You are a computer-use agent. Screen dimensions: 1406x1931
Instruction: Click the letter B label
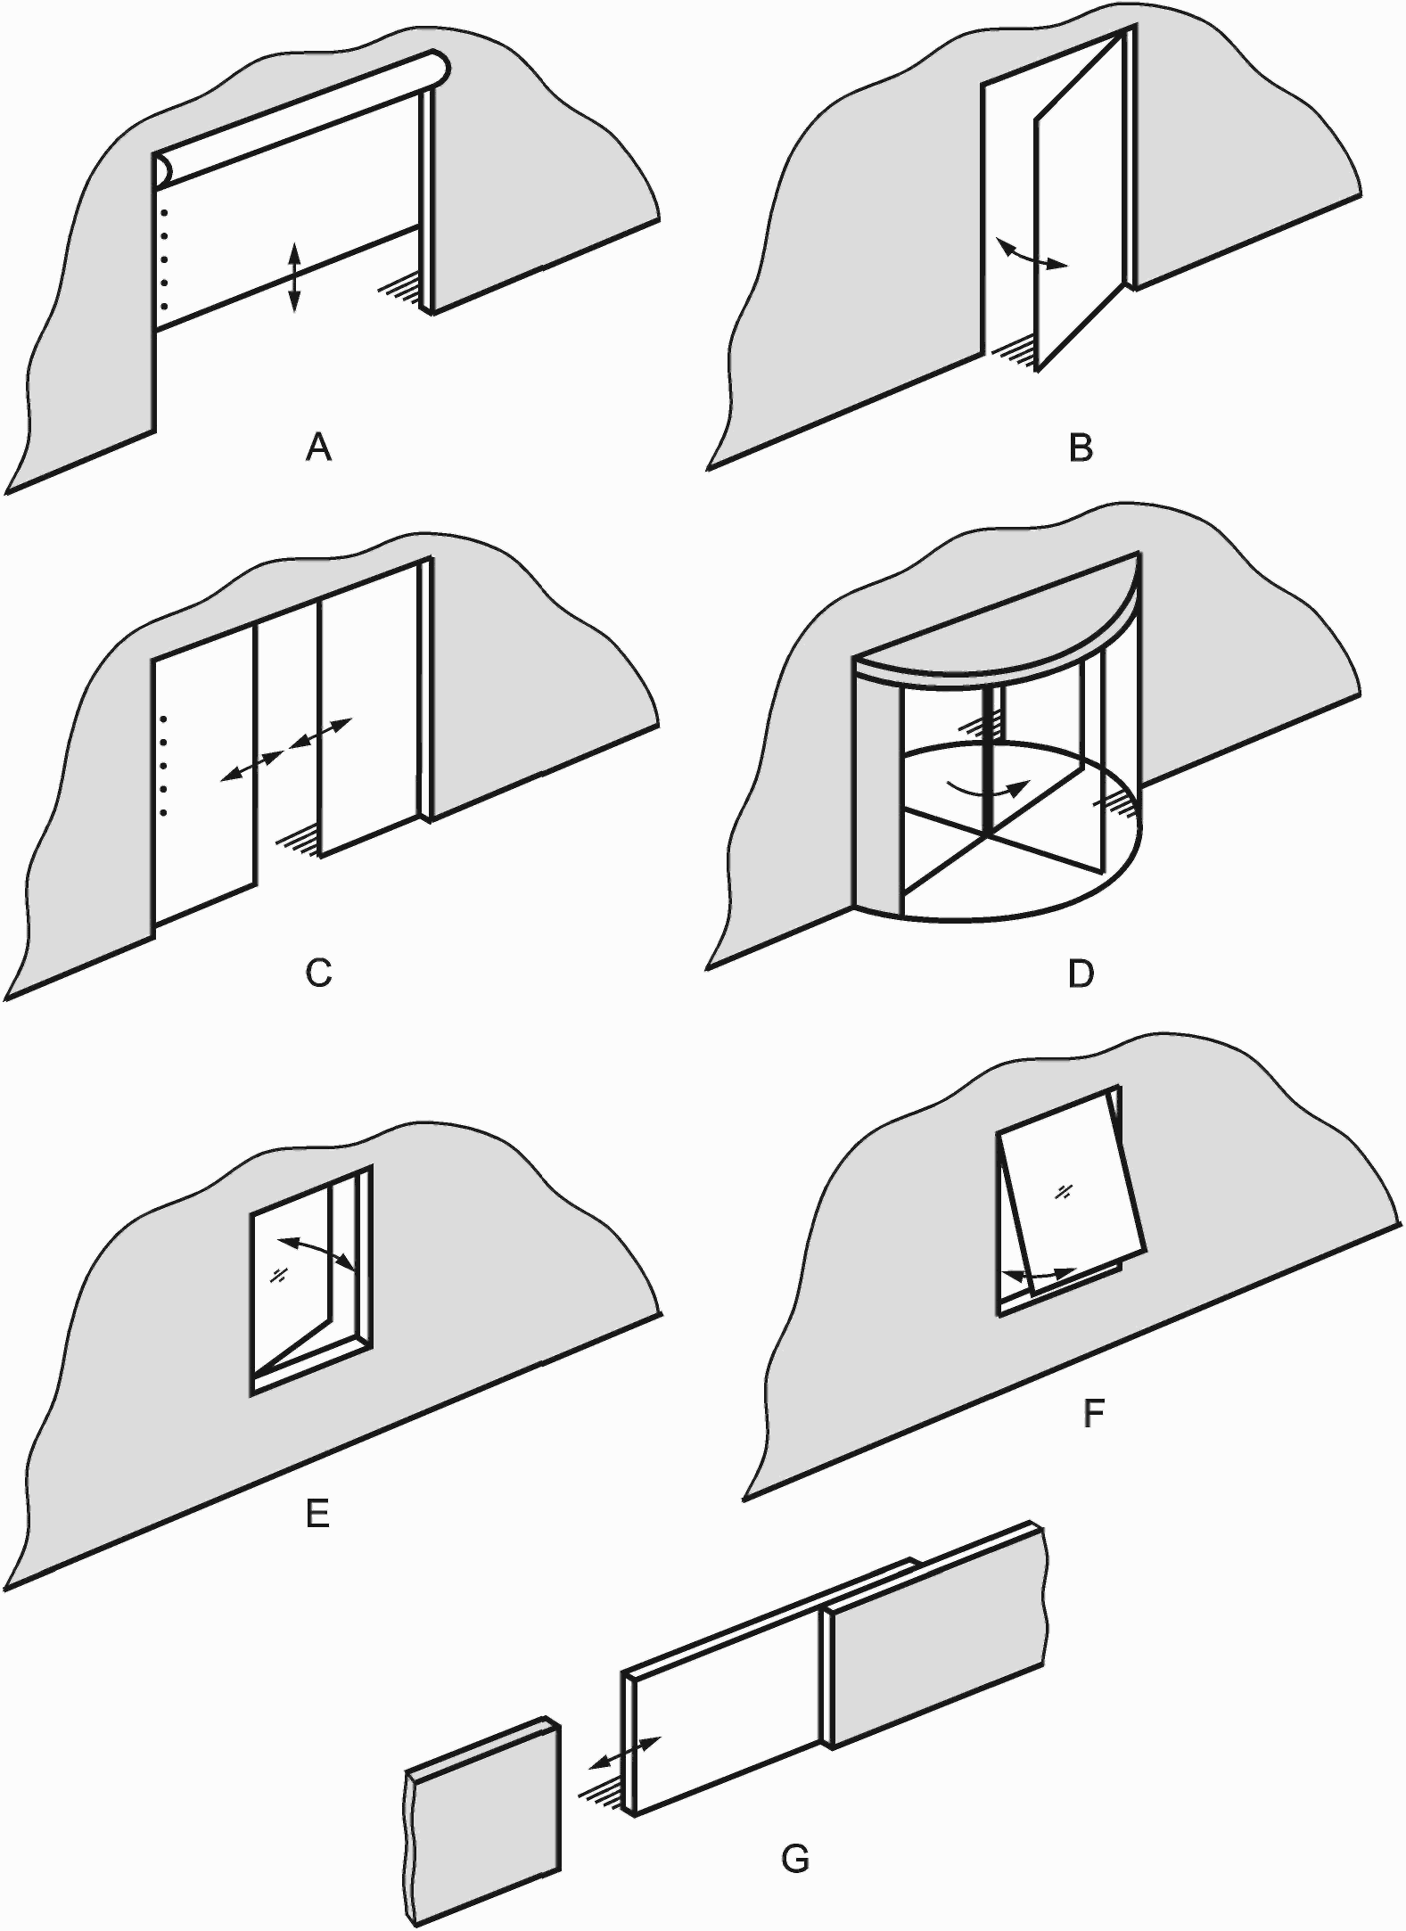(x=1081, y=447)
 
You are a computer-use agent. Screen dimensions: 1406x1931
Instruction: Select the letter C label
(x=318, y=973)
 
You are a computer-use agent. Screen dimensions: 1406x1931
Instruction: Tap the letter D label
(x=1081, y=974)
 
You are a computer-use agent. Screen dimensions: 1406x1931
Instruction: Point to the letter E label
(x=317, y=1513)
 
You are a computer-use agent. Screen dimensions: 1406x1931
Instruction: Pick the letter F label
(x=1093, y=1414)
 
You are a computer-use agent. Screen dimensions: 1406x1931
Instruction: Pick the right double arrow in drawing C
(x=322, y=734)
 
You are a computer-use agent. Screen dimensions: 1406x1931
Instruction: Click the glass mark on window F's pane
(x=1063, y=1191)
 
